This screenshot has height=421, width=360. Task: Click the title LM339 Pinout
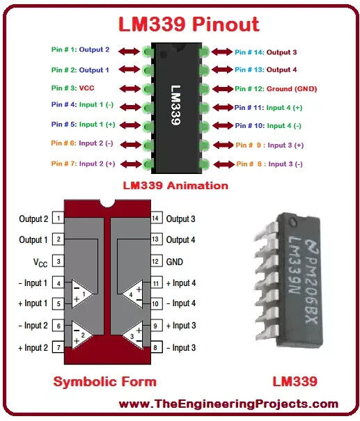(189, 24)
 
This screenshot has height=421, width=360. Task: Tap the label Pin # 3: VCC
(73, 88)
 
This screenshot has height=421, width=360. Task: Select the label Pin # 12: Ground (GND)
(276, 89)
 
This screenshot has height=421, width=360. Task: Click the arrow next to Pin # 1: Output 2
(130, 51)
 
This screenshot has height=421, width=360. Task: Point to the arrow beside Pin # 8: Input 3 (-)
(224, 164)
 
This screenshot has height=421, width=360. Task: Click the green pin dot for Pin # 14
(204, 51)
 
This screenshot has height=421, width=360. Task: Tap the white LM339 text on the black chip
(175, 105)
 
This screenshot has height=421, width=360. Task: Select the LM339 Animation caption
(175, 186)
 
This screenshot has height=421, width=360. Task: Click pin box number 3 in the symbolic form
(58, 261)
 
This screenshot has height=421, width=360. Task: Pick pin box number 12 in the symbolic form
(156, 261)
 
